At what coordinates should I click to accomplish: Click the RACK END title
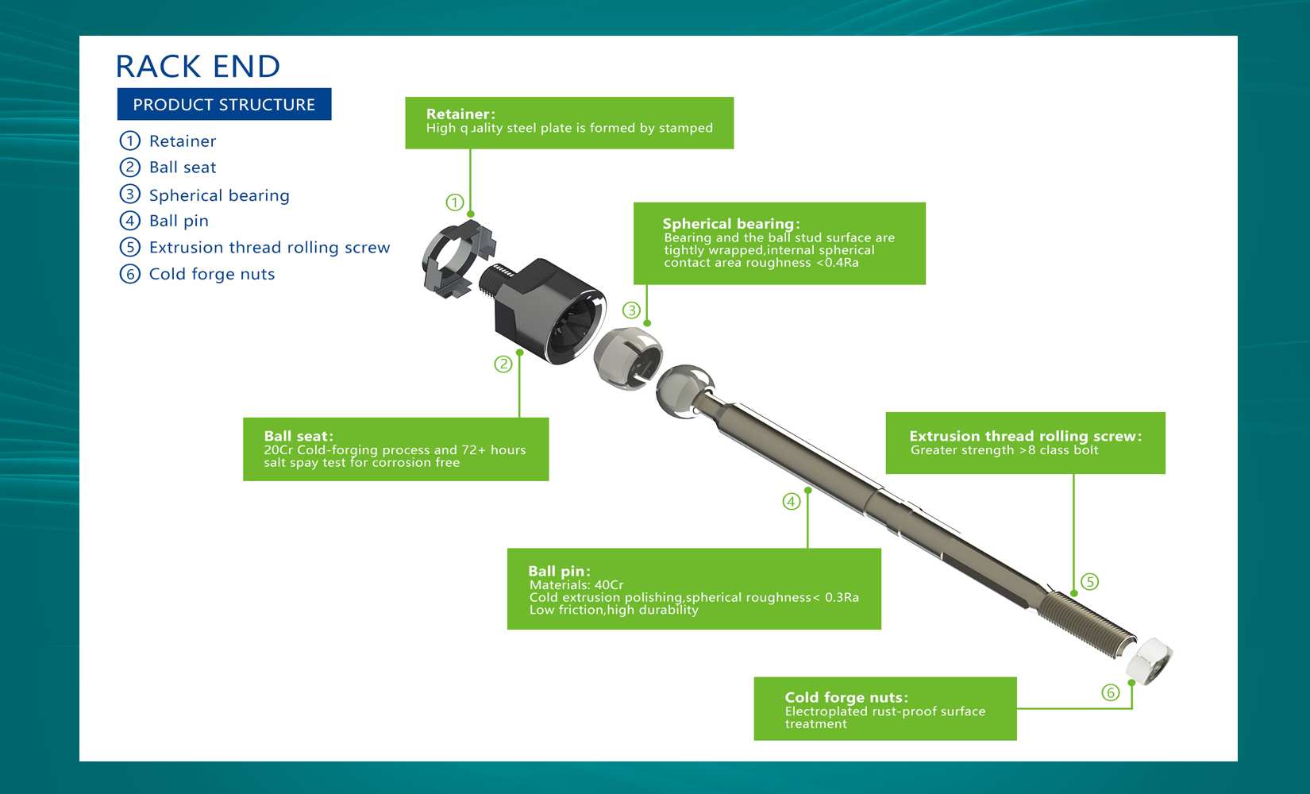[x=198, y=66]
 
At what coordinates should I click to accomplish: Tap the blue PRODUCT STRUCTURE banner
[x=224, y=104]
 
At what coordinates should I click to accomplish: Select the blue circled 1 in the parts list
[x=130, y=141]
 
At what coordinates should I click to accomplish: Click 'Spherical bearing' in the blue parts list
[x=219, y=195]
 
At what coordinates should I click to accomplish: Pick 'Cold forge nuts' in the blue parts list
[x=212, y=274]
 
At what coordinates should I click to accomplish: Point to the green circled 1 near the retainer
[x=455, y=202]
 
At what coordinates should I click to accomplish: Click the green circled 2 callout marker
[x=503, y=364]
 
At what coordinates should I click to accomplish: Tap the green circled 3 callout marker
[x=631, y=310]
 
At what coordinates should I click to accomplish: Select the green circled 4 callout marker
[x=792, y=501]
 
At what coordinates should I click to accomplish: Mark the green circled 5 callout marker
[x=1089, y=582]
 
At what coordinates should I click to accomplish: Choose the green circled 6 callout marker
[x=1111, y=693]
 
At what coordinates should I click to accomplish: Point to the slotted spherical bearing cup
[x=628, y=358]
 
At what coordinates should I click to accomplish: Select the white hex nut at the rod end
[x=1149, y=661]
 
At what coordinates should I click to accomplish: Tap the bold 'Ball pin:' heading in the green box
[x=559, y=571]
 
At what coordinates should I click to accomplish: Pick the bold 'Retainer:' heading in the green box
[x=460, y=114]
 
